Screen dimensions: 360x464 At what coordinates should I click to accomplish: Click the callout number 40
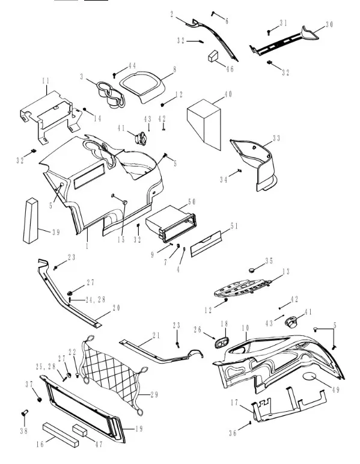tap(228, 94)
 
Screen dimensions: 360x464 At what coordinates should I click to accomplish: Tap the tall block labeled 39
tap(31, 221)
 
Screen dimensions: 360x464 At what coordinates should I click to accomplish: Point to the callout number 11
tap(46, 81)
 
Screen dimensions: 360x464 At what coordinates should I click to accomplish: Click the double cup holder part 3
tap(111, 94)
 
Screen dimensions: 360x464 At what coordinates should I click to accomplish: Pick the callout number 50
tap(192, 202)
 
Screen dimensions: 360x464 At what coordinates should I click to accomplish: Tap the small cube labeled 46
tap(213, 56)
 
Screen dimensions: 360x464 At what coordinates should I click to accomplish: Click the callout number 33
tap(276, 138)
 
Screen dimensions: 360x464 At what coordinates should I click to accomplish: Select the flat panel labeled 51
tap(206, 244)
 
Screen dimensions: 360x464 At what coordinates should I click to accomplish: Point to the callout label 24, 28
tap(96, 300)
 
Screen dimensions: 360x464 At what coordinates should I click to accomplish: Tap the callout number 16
tap(40, 444)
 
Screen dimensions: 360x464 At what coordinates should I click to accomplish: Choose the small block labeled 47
tap(80, 430)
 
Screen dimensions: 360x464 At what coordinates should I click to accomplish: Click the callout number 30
tap(329, 25)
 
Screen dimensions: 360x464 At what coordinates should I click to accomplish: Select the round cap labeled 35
tap(252, 270)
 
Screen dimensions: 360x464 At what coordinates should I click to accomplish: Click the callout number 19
tap(139, 429)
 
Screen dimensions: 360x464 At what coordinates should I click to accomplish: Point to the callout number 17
tap(234, 403)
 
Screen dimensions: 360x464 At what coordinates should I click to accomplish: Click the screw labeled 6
tap(213, 14)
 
